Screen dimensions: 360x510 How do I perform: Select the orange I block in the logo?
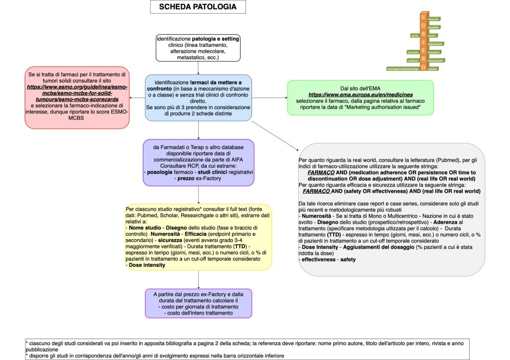point(423,40)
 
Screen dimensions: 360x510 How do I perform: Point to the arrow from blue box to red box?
point(137,98)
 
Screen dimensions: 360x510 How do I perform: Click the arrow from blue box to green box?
point(269,98)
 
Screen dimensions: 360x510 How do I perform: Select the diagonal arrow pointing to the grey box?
point(274,134)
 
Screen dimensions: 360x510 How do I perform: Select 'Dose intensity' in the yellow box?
point(147,265)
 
